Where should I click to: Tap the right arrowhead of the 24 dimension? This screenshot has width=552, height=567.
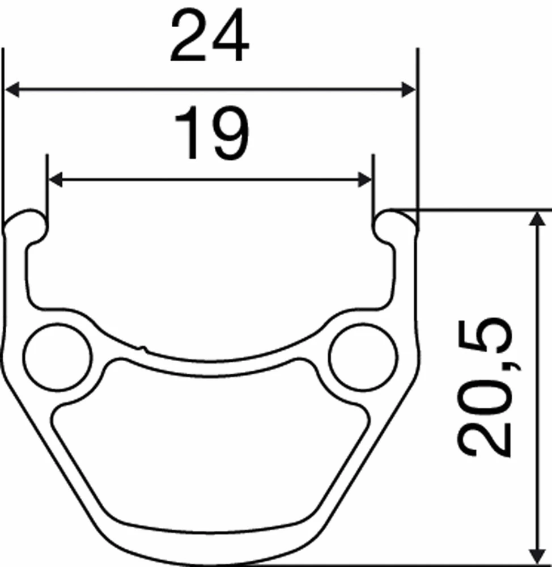(x=409, y=89)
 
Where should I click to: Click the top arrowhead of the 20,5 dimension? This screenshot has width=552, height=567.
(x=534, y=218)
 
